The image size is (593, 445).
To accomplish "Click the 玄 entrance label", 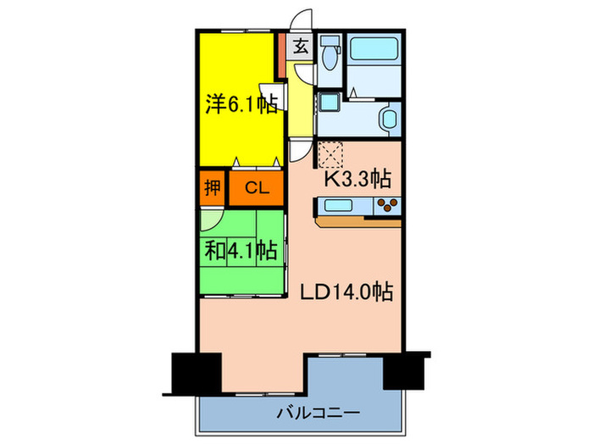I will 301,47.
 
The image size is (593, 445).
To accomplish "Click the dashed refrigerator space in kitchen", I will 330,153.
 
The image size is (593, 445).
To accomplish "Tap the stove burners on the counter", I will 389,204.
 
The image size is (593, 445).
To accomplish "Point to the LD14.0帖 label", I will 346,292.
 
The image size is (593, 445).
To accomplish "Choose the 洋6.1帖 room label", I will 241,105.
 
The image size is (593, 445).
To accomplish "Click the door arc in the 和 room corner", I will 211,219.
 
